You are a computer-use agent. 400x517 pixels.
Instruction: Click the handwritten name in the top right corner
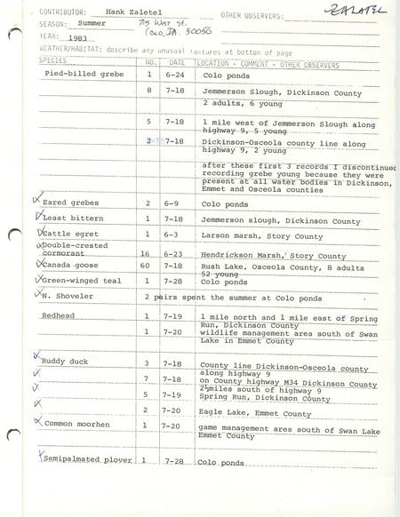click(x=348, y=12)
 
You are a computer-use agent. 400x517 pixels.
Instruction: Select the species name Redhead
click(x=60, y=315)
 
